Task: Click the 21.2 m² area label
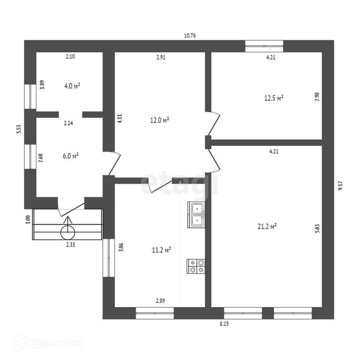[267, 227]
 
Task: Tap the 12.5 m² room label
[274, 98]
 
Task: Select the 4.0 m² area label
[72, 86]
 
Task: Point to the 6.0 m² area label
[71, 156]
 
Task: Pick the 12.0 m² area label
[159, 120]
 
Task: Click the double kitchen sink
[197, 215]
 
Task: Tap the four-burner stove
[197, 266]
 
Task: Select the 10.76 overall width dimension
[190, 36]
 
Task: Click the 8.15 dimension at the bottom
[224, 324]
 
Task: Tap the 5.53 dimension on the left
[19, 130]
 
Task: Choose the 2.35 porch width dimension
[71, 245]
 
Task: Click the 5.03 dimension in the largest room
[317, 228]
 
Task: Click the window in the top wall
[264, 46]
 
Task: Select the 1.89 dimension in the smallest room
[42, 85]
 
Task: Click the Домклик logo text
[56, 343]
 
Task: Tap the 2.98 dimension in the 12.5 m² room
[317, 97]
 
